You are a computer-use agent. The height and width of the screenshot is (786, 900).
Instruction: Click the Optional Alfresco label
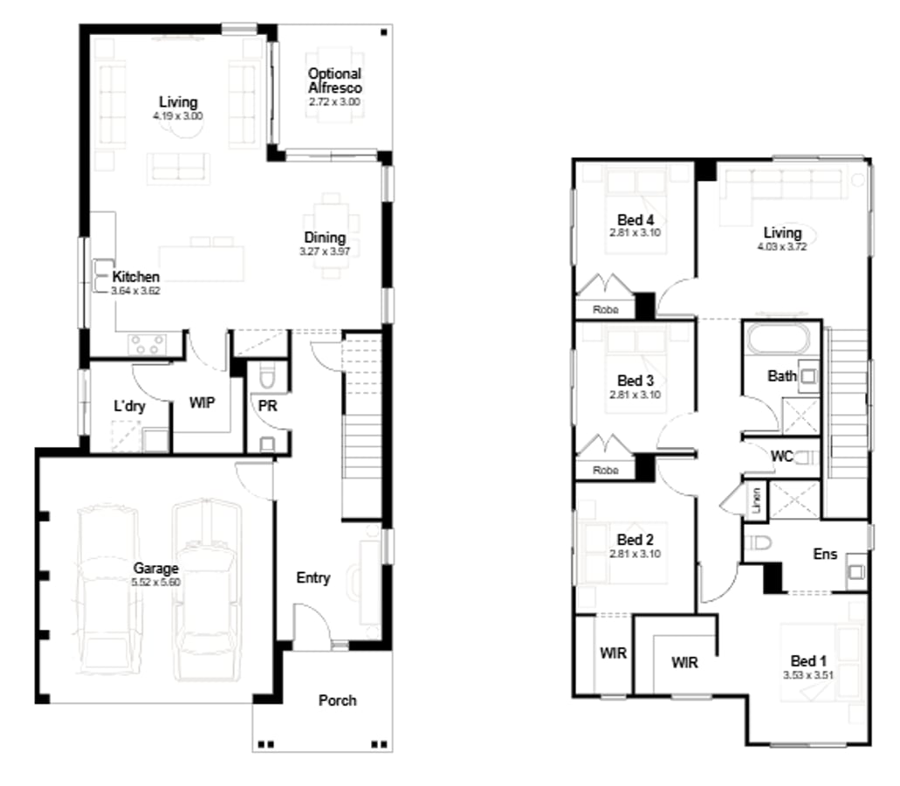[x=334, y=81]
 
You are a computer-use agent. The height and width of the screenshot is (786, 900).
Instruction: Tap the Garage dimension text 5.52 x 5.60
[x=157, y=581]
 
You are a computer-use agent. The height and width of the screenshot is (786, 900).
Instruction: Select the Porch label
[x=337, y=700]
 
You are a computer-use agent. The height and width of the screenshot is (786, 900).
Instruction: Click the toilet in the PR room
[x=268, y=376]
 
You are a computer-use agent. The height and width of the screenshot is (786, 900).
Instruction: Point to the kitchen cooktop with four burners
[x=147, y=344]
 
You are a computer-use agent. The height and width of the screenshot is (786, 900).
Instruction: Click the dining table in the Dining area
[x=331, y=236]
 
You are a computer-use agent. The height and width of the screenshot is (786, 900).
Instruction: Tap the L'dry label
[x=129, y=405]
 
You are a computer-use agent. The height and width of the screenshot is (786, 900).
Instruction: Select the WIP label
[x=203, y=403]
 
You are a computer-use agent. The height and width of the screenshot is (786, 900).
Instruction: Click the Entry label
[x=313, y=577]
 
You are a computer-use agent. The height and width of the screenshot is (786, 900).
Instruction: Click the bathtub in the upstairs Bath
[x=780, y=340]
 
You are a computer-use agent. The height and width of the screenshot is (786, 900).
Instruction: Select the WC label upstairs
[x=780, y=455]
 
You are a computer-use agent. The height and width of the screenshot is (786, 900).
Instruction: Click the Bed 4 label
[x=635, y=220]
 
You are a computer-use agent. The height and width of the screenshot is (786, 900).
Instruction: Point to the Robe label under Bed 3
[x=605, y=470]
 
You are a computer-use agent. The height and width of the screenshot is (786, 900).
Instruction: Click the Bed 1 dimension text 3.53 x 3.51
[x=807, y=675]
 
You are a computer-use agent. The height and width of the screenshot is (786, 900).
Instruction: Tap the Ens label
[x=824, y=554]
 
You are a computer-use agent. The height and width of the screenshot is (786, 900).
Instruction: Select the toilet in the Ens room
[x=760, y=542]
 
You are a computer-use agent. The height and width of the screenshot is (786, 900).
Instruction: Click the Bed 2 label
[x=635, y=540]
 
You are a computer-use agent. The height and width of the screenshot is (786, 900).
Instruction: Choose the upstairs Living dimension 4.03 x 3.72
[x=781, y=246]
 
